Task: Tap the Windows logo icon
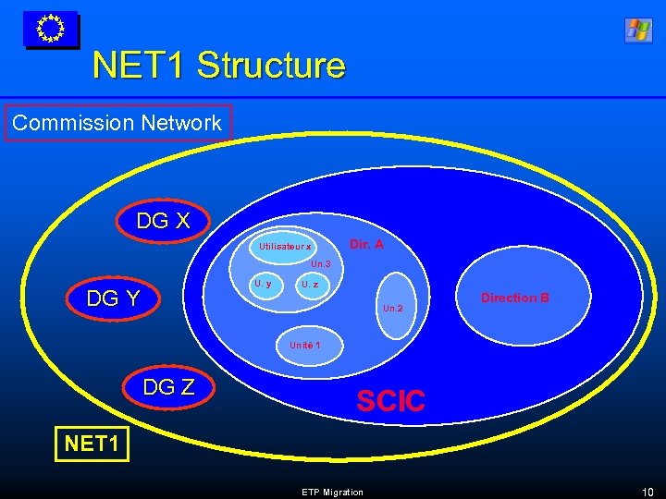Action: click(x=638, y=30)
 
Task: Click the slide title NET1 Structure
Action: click(x=218, y=67)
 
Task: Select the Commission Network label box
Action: click(x=117, y=123)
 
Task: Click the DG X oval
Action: click(x=164, y=222)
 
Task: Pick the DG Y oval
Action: click(x=113, y=298)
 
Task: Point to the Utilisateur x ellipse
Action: click(x=286, y=247)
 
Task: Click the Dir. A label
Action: click(x=366, y=245)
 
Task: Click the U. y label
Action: click(x=263, y=284)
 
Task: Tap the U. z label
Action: click(x=310, y=285)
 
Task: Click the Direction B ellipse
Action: click(x=515, y=298)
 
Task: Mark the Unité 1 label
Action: click(x=304, y=345)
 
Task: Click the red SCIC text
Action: click(x=390, y=401)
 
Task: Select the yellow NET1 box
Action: click(x=92, y=444)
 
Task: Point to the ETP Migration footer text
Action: click(x=332, y=492)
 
